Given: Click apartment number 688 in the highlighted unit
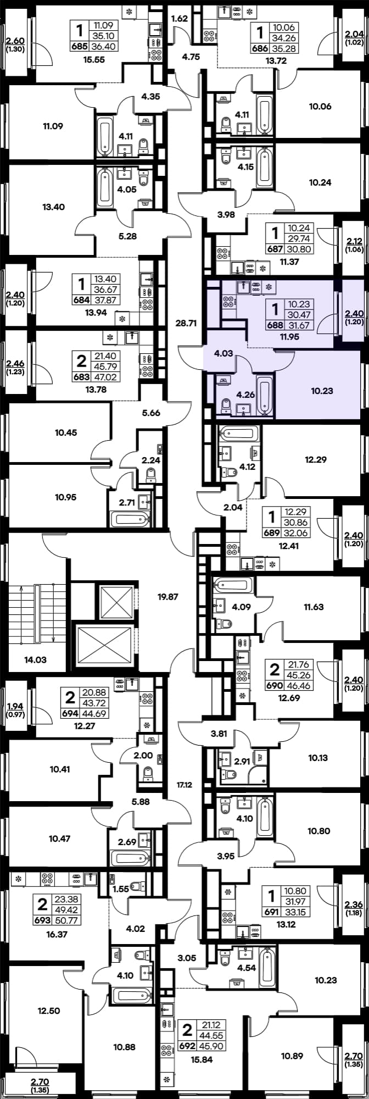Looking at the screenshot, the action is (x=273, y=325).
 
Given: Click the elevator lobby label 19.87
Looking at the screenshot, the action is (x=168, y=596).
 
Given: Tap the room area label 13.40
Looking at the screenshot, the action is (x=53, y=207).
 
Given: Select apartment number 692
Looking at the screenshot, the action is (x=187, y=1046).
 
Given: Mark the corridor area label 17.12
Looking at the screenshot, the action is (x=185, y=785).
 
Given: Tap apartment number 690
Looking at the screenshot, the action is (x=273, y=686).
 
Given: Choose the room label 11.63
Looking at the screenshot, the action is (x=314, y=607).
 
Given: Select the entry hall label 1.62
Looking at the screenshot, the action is (x=180, y=19).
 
